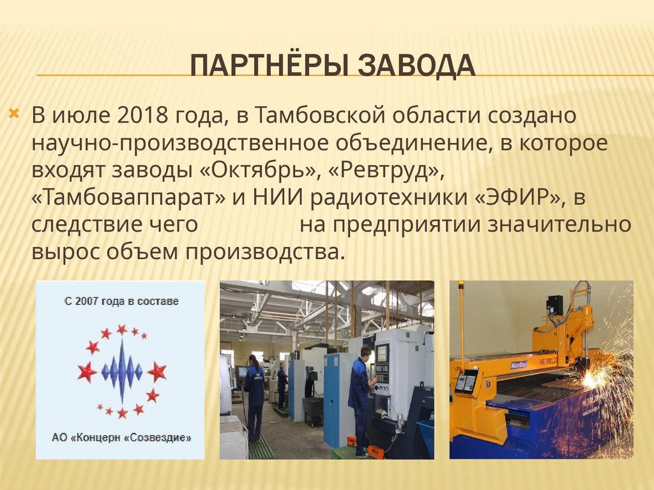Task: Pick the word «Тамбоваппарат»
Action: pos(128,198)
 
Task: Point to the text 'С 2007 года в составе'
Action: pos(121,301)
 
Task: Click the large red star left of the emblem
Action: pos(87,371)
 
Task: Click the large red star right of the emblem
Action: pos(156,371)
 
